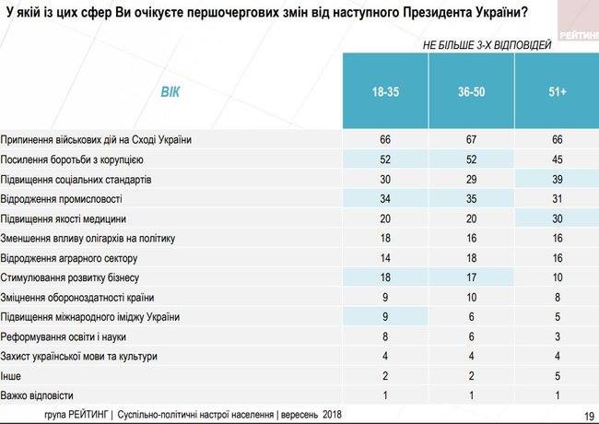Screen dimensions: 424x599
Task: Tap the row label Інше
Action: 13,376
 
